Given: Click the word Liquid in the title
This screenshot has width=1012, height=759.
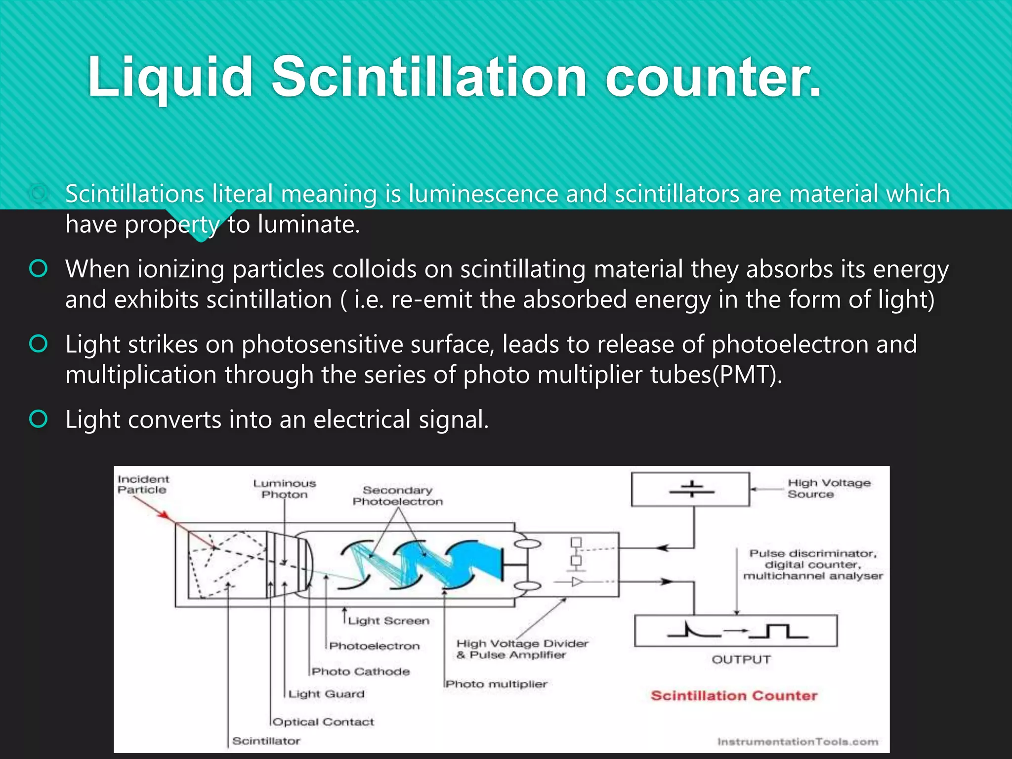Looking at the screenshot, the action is tap(170, 78).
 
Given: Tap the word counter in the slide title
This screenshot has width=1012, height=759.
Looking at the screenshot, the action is tap(714, 78).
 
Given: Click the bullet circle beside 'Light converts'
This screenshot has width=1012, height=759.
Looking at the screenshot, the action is tap(39, 419).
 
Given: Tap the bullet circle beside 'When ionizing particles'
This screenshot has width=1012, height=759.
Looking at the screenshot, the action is tap(39, 269).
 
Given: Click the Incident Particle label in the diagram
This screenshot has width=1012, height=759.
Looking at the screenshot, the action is tap(143, 484).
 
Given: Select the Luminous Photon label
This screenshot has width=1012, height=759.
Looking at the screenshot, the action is tap(285, 489).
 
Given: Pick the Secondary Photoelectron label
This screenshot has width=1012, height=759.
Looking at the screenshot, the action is tap(398, 496).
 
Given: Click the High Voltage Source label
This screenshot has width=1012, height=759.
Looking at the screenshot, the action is tap(829, 488).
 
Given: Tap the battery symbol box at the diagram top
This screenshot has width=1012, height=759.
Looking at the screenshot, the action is tap(691, 490).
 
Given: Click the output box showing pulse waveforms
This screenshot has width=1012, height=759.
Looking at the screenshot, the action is tap(736, 631).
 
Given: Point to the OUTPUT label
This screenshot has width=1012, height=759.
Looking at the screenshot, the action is tap(741, 660).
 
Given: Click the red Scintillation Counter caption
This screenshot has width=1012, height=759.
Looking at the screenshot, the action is tap(734, 696).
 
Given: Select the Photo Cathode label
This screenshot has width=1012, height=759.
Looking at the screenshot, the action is tap(361, 672).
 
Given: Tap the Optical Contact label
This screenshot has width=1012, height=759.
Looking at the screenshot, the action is tap(324, 722).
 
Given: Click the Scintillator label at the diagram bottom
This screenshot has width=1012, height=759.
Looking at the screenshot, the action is tap(266, 741).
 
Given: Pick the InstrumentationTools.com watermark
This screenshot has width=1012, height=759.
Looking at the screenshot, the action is tap(798, 742).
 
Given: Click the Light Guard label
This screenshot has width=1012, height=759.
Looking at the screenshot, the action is tap(327, 694).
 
